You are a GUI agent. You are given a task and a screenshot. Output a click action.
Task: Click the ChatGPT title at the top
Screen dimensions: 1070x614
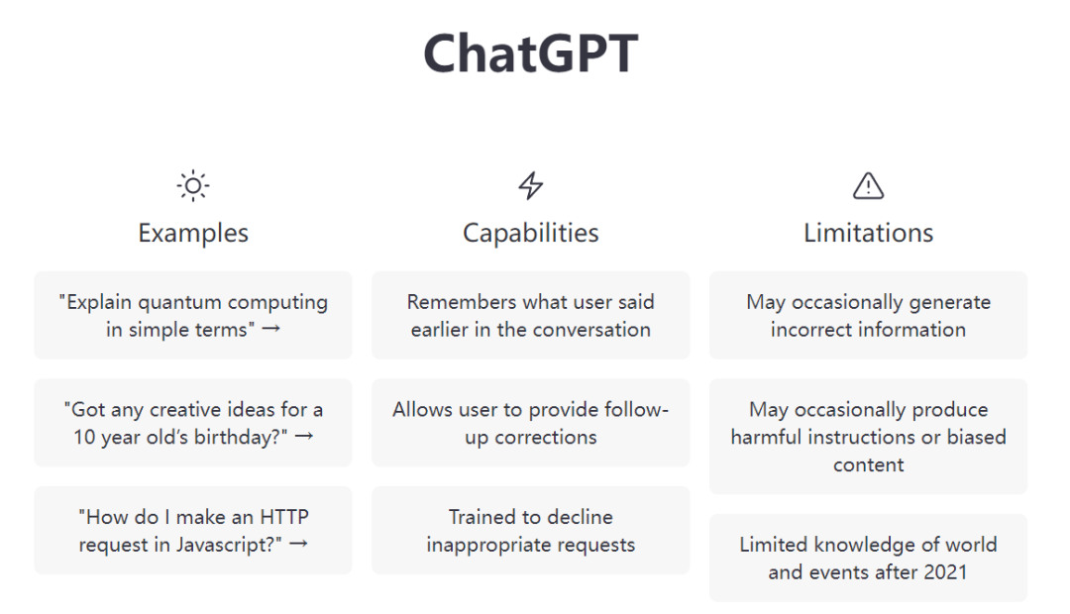[530, 53]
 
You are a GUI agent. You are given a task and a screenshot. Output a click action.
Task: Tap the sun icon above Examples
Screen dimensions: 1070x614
[193, 185]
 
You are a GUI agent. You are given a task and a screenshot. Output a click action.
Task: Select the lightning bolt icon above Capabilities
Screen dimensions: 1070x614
[530, 185]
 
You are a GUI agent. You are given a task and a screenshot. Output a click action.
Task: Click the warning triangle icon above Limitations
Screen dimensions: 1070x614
[868, 185]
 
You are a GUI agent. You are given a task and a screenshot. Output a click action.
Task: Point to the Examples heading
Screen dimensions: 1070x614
[193, 233]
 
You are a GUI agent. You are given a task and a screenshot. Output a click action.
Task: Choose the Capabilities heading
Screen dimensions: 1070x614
[530, 233]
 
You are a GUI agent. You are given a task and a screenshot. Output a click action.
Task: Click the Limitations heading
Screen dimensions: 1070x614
[868, 233]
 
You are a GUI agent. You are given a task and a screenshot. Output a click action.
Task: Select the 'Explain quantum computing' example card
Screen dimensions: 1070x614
[193, 315]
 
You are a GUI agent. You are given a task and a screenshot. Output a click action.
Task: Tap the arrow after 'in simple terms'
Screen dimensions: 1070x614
[270, 329]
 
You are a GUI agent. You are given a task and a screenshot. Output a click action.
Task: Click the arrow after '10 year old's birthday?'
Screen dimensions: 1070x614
[304, 436]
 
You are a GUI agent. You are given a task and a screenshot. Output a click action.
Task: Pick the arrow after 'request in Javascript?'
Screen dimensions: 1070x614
[298, 544]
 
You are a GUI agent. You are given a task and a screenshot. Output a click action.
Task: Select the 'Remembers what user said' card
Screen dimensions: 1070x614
[530, 315]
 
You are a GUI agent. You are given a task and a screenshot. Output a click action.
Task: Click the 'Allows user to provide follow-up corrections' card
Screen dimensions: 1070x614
[530, 423]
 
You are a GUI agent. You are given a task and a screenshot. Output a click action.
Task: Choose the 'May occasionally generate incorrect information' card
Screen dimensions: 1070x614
[868, 315]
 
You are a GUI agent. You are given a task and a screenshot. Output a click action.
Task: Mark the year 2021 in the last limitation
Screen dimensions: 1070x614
[945, 571]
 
